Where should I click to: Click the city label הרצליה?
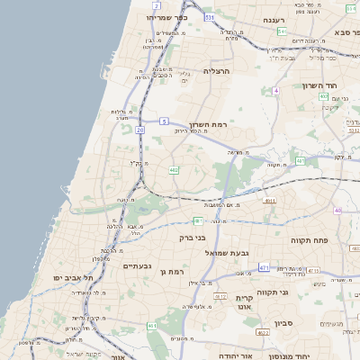pos(219,69)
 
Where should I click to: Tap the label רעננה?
pos(274,18)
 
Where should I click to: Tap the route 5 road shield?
pos(165,120)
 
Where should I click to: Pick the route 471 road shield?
pos(264,267)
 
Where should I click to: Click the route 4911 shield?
pos(270,201)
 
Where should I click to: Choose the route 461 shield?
pos(151,325)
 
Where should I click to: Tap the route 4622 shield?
pos(263,333)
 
